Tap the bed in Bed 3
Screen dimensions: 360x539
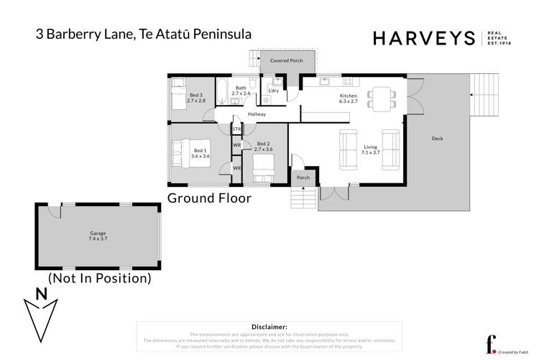pos(178,96)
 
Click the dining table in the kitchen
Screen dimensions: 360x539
pos(380,97)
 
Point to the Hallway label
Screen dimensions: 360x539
pos(257,114)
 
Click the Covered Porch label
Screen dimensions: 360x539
pos(286,61)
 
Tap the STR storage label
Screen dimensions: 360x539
pos(236,129)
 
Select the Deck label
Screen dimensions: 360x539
pos(437,139)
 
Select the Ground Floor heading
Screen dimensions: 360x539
pos(209,198)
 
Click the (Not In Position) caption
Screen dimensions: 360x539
pos(99,277)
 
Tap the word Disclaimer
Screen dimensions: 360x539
pos(269,326)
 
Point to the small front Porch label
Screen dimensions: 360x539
pos(303,177)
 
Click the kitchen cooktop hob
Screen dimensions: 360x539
pos(346,80)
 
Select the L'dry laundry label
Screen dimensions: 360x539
pos(273,91)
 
